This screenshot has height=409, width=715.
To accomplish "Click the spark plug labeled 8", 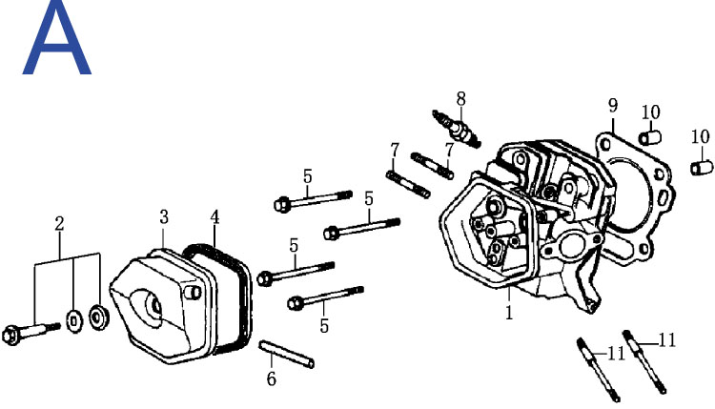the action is [457, 128].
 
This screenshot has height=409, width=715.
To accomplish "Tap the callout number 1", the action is [509, 313].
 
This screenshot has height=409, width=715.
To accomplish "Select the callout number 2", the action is [59, 224].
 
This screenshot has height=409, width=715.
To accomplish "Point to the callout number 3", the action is [164, 217].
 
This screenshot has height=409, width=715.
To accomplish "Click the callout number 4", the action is [214, 217].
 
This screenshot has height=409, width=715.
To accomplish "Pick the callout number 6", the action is [272, 378].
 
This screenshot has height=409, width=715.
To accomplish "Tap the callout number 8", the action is [461, 98].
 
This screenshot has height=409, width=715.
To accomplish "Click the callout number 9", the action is [613, 106].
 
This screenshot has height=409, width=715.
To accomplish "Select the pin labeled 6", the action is [286, 354].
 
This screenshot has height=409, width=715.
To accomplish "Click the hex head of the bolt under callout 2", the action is [10, 336].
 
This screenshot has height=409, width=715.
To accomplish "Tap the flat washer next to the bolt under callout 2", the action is [74, 321].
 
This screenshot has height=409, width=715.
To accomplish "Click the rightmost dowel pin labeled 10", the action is [702, 168].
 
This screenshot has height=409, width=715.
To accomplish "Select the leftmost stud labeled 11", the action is [598, 370].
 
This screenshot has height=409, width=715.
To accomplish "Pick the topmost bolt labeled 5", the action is [314, 199].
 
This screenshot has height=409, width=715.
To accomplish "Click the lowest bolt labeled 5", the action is [325, 297].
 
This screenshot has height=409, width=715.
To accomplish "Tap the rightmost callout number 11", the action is [666, 340].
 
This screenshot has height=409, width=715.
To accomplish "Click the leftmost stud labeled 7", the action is [408, 184].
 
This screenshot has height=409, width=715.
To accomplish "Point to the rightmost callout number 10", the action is [701, 136].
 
